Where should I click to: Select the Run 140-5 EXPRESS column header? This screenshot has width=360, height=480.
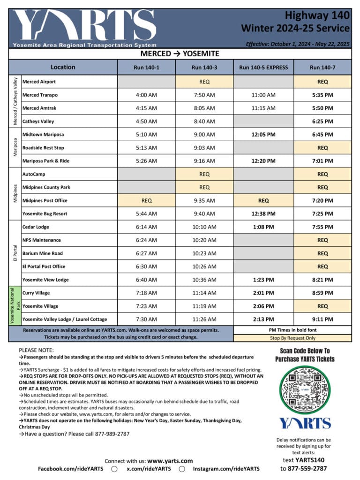[263, 68]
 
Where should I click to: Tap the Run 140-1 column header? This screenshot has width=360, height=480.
[146, 68]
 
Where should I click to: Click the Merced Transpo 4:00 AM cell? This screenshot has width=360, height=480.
[146, 95]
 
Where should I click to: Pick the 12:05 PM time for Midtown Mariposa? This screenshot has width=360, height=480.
[263, 135]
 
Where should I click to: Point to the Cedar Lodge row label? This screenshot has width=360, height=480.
[35, 227]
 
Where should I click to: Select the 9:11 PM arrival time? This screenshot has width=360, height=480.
[322, 319]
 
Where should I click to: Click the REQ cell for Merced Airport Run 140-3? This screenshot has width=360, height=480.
[204, 82]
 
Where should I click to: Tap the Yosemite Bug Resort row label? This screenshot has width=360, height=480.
[45, 213]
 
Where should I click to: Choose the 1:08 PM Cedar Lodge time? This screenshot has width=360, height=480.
[263, 227]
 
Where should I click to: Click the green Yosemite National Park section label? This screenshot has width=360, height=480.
[14, 306]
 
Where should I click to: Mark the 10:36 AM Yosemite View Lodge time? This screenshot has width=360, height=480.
[204, 280]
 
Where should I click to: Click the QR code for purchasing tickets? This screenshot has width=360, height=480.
[305, 389]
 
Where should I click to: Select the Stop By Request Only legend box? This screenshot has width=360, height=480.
[292, 337]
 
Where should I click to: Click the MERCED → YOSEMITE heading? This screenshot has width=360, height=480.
[180, 54]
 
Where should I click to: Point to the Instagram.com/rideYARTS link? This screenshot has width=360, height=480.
[226, 469]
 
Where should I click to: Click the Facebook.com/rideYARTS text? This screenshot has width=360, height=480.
[71, 469]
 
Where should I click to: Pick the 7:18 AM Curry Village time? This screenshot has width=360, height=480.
[146, 293]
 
